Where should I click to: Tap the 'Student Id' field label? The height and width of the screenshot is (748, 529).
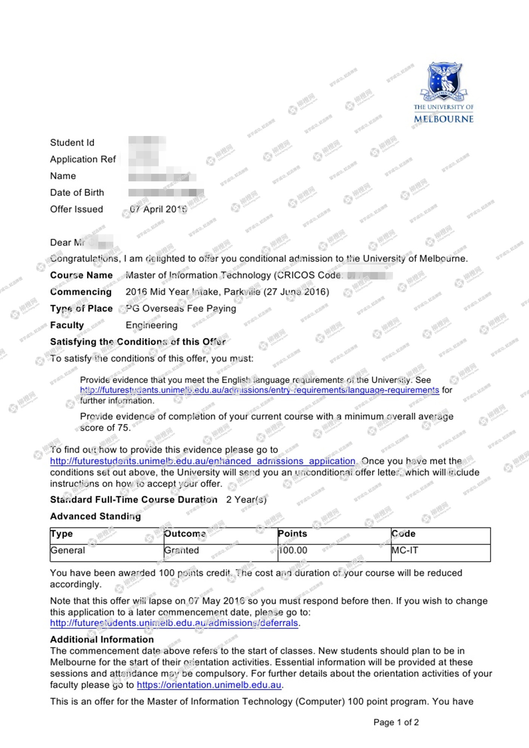coord(72,143)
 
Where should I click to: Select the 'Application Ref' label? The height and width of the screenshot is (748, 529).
coord(83,159)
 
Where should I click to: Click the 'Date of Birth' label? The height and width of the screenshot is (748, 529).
coord(77,193)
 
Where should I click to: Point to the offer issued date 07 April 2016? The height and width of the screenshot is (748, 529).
coord(158,209)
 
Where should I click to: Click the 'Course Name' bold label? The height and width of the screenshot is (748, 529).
coord(81,275)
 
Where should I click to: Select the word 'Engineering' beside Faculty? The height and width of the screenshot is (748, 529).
coord(152,325)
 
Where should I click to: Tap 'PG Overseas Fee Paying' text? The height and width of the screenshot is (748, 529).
coord(181,309)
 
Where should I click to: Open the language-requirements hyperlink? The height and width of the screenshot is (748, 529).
coord(259,390)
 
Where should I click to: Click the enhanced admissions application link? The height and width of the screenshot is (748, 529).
coord(203,461)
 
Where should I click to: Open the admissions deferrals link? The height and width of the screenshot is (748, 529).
coord(174,623)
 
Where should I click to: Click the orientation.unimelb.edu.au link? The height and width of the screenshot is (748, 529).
coord(209,685)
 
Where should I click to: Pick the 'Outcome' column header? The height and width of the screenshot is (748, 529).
coord(185,534)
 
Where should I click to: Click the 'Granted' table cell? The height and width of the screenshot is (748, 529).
coord(181,550)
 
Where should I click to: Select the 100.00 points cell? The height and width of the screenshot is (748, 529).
coord(293,550)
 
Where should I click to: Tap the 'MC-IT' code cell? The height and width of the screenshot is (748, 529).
coord(405,550)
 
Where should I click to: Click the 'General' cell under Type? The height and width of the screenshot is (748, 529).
coord(68,550)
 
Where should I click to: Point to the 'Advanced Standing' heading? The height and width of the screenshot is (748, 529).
coord(95,516)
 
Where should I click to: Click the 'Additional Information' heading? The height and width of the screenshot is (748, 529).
coord(102,640)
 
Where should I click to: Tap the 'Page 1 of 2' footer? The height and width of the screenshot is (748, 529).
coord(396,722)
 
